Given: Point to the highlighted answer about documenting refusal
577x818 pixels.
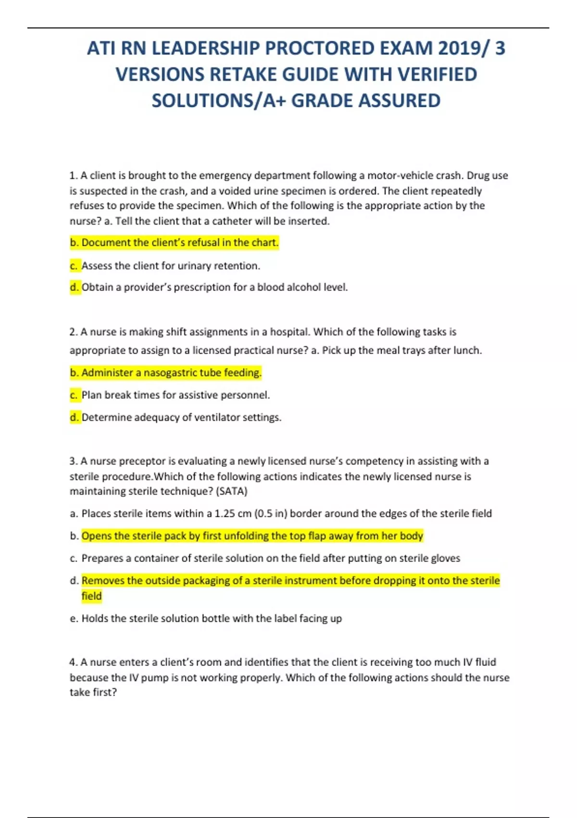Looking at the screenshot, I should pos(174,243).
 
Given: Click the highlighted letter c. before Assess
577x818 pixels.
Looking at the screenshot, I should pos(74,266).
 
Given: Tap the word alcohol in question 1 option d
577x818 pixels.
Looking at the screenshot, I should pos(303,287).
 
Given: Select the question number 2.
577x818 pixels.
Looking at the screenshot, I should pos(74,332).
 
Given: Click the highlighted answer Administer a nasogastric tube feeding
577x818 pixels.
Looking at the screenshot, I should pos(166,372).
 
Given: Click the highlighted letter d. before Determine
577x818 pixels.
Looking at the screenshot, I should pos(75,417).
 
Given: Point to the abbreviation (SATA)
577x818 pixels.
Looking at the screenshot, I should pos(232,491).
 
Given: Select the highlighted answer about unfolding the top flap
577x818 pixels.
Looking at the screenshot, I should pos(252,536).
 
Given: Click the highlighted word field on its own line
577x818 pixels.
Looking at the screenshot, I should pos(91,596).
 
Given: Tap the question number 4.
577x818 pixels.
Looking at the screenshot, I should pos(74,663).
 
